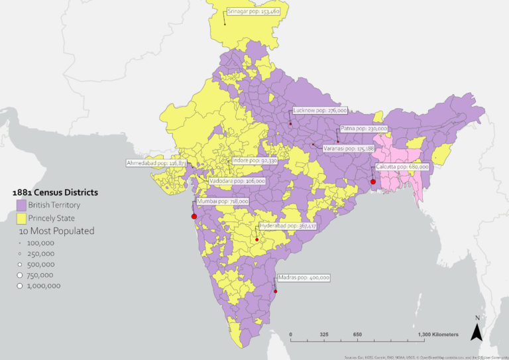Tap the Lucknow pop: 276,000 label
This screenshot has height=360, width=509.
click(319, 111)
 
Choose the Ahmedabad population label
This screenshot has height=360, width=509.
click(156, 162)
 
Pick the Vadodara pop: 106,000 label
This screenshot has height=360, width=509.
click(237, 180)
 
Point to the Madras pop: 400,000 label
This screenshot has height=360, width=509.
click(304, 278)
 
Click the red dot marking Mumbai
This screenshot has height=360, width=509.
click(194, 216)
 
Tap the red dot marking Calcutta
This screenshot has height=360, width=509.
click(373, 182)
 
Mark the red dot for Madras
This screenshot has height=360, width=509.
click(276, 291)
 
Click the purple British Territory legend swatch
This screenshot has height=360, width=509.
click(21, 205)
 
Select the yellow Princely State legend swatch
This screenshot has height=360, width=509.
click(21, 217)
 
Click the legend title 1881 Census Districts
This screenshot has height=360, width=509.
click(56, 192)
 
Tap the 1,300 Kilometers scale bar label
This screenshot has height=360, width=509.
click(437, 334)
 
